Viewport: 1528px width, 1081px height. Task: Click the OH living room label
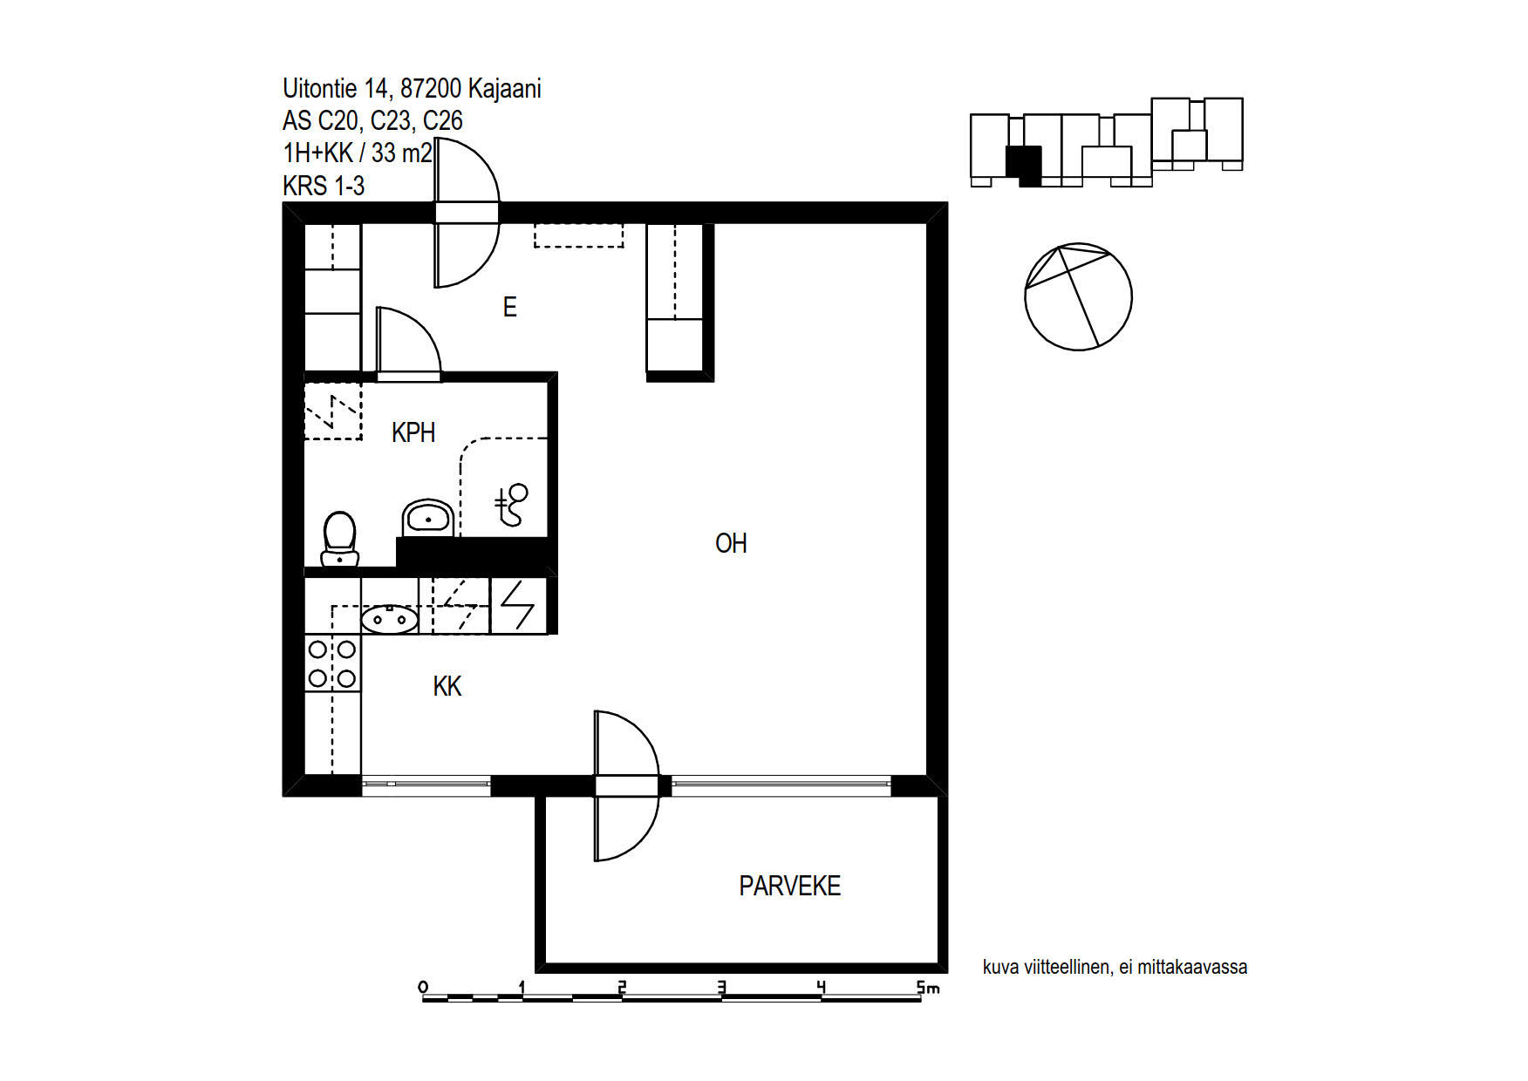731,543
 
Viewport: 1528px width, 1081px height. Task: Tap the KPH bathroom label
413,432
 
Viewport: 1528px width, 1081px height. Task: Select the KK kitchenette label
447,686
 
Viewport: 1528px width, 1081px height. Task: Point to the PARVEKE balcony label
789,886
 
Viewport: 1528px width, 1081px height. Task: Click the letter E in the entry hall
510,307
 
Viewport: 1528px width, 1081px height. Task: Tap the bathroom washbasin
427,519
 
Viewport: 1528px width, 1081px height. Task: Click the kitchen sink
389,619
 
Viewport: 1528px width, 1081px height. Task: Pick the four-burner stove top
332,663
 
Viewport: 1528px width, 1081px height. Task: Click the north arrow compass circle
1078,296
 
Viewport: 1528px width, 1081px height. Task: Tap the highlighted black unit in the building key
1024,165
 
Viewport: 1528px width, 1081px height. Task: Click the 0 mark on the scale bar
423,988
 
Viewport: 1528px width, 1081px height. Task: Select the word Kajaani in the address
504,89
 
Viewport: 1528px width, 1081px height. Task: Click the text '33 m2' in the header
401,153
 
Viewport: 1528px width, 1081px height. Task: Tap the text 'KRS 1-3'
324,186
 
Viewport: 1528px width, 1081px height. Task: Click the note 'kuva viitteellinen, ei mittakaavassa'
1115,967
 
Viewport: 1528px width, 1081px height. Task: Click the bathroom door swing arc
426,328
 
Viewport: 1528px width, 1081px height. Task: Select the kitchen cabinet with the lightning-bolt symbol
519,606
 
